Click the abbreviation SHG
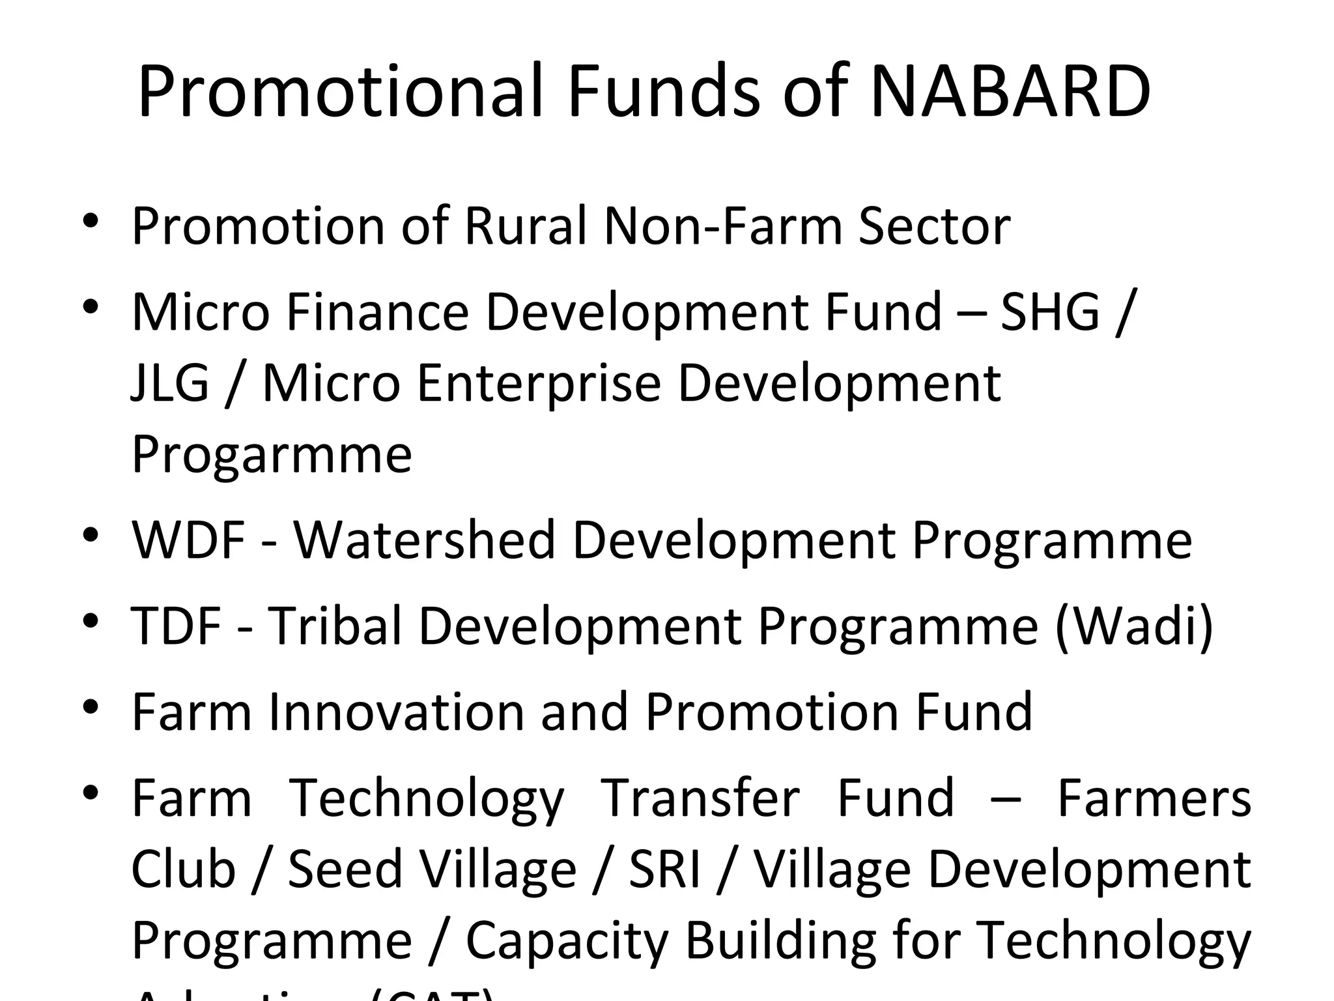(x=1049, y=312)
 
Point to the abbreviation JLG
(x=170, y=383)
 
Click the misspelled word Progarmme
(x=272, y=454)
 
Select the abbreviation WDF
(x=188, y=540)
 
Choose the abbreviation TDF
(x=177, y=626)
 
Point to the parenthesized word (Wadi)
(x=1134, y=626)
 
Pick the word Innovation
(x=396, y=712)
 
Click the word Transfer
(x=700, y=798)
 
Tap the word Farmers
(x=1154, y=798)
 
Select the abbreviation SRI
(x=664, y=869)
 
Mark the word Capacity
(x=567, y=940)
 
